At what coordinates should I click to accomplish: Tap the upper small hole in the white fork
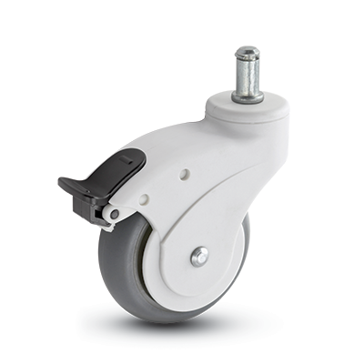tap(185, 172)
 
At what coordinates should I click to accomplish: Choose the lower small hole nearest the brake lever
tap(144, 198)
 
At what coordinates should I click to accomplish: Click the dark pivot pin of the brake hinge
tap(114, 215)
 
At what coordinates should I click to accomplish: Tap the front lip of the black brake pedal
tap(67, 186)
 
